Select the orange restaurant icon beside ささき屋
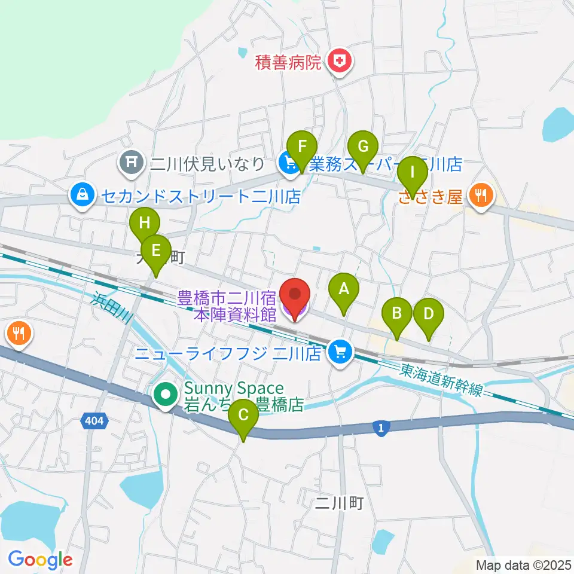[481, 196]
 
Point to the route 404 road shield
[93, 422]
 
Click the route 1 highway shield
[381, 427]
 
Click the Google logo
[41, 559]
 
